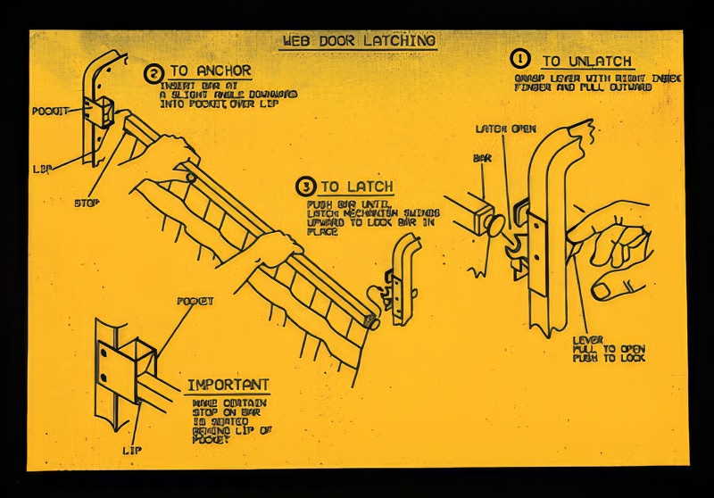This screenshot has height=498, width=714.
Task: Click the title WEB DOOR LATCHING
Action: pos(359,41)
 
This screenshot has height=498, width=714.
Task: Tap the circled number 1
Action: pos(519,59)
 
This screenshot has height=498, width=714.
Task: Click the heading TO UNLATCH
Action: pos(587,62)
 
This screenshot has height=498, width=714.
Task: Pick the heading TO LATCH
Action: pos(357,187)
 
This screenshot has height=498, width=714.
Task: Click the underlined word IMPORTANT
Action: pos(228,386)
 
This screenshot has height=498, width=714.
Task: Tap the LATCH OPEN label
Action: pos(505,129)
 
